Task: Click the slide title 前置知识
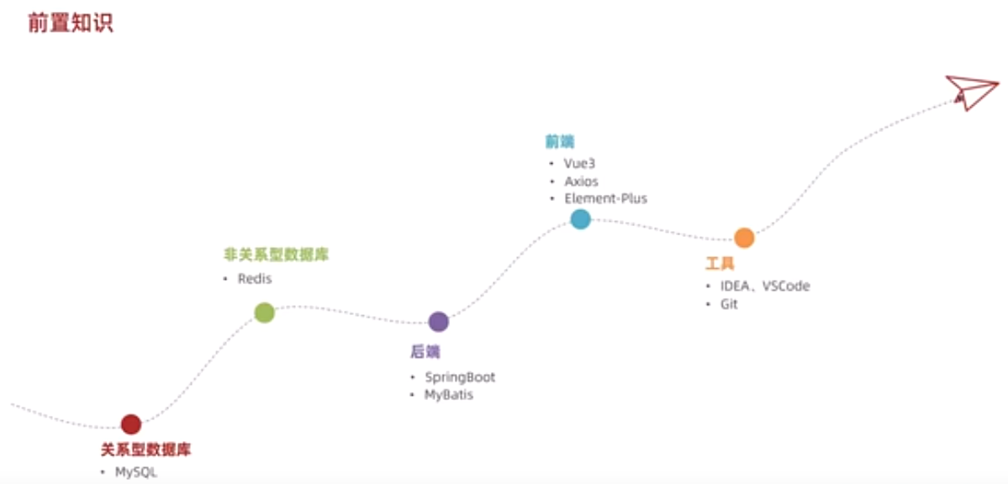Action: [x=71, y=23]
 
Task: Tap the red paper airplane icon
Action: [x=972, y=91]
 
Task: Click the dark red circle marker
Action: [x=131, y=424]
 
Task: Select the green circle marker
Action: [x=265, y=313]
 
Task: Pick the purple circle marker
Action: [x=439, y=322]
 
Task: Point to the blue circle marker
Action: [x=580, y=219]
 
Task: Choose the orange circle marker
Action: [x=744, y=238]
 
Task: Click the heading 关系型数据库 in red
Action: [x=146, y=450]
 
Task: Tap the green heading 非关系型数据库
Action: [x=276, y=255]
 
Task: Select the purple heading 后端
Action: [x=425, y=351]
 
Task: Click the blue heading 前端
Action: [x=559, y=141]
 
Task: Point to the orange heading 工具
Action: [x=720, y=264]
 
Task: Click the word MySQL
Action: [x=136, y=472]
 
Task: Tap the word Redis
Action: [x=255, y=279]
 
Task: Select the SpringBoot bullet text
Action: [x=460, y=377]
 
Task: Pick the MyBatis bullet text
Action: [x=449, y=394]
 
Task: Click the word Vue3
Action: [x=580, y=164]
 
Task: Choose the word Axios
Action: [x=582, y=181]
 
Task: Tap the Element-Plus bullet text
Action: [x=606, y=199]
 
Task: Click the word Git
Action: [x=729, y=304]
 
